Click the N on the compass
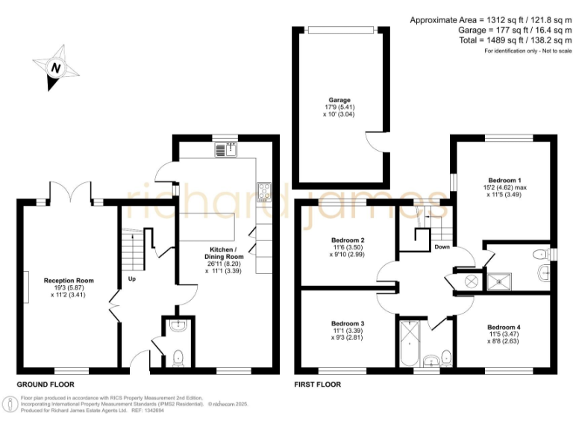pyautogui.click(x=54, y=67)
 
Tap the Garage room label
pyautogui.click(x=339, y=100)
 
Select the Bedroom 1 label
pyautogui.click(x=504, y=181)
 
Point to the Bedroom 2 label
pyautogui.click(x=348, y=240)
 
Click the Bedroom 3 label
pyautogui.click(x=348, y=323)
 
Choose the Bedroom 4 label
pyautogui.click(x=504, y=327)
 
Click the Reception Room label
pyautogui.click(x=67, y=281)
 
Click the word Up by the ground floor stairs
pyautogui.click(x=132, y=280)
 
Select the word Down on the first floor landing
pyautogui.click(x=442, y=246)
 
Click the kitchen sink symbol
pyautogui.click(x=225, y=150)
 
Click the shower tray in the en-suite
pyautogui.click(x=498, y=280)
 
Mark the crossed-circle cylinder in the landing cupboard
pyautogui.click(x=472, y=281)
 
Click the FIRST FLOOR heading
pyautogui.click(x=318, y=384)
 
